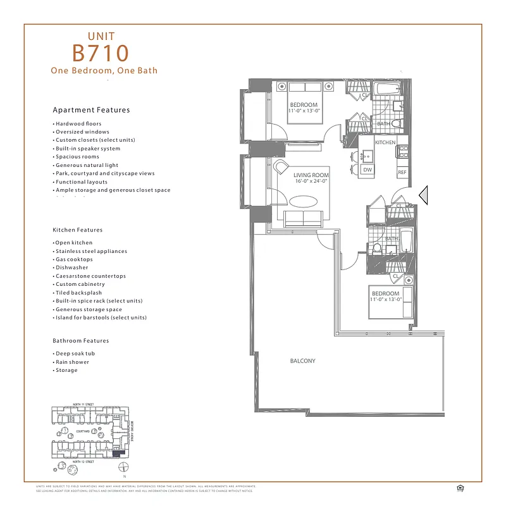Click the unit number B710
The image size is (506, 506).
click(x=101, y=52)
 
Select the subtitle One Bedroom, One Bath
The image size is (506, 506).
click(x=104, y=71)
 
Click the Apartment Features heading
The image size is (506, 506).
click(x=91, y=110)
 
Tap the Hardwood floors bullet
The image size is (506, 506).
click(x=78, y=124)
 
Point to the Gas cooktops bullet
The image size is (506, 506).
click(x=74, y=259)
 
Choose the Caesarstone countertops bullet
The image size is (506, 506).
click(x=90, y=276)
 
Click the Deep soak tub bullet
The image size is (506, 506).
click(x=74, y=354)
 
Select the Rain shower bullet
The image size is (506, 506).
click(x=72, y=362)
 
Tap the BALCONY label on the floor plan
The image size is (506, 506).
click(x=302, y=361)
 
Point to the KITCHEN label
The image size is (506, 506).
click(x=385, y=143)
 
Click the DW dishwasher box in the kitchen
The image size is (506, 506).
click(x=367, y=170)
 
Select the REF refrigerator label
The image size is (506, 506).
click(x=402, y=173)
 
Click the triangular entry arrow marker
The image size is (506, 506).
click(x=424, y=195)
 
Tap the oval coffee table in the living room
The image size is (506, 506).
click(x=304, y=202)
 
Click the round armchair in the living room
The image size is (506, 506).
click(x=283, y=170)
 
